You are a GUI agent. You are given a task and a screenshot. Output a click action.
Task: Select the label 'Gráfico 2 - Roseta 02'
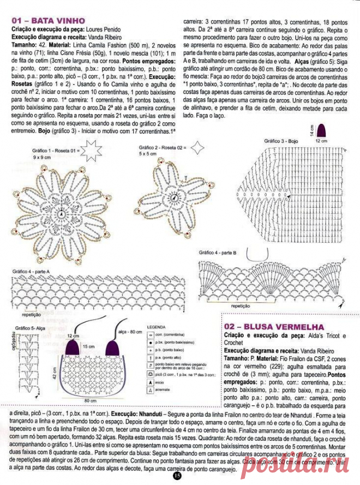162,147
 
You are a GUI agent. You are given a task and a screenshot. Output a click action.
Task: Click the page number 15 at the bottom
177,476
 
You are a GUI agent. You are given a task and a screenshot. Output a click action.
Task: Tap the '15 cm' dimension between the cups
87,346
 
